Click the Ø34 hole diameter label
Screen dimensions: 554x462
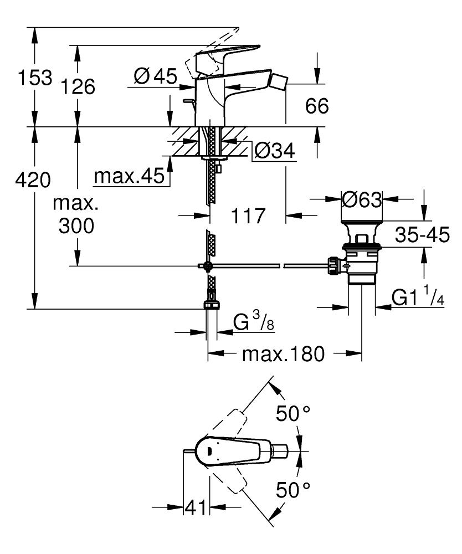[x=274, y=150]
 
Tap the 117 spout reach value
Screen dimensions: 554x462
[x=247, y=215]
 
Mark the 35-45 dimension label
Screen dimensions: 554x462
[x=422, y=235]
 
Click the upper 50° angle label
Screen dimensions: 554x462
[x=292, y=413]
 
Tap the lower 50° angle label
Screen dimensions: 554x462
[x=292, y=490]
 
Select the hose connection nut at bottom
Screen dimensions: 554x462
[x=211, y=304]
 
